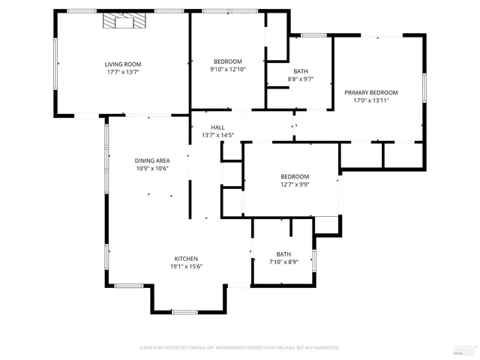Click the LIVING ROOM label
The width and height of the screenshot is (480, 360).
pyautogui.click(x=123, y=64)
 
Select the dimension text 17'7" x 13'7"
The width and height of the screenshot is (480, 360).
pyautogui.click(x=123, y=73)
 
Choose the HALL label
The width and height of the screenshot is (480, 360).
pyautogui.click(x=217, y=127)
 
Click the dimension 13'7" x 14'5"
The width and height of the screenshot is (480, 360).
pyautogui.click(x=217, y=136)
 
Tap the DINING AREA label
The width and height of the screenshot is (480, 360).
pyautogui.click(x=151, y=160)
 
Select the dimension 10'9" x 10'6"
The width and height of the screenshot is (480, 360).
pyautogui.click(x=151, y=169)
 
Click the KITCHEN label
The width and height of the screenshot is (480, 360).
pyautogui.click(x=186, y=259)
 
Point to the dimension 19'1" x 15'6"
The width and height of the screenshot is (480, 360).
pyautogui.click(x=186, y=267)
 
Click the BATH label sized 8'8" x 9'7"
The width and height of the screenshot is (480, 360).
pyautogui.click(x=300, y=71)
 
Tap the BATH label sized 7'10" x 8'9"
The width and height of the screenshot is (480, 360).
pyautogui.click(x=283, y=253)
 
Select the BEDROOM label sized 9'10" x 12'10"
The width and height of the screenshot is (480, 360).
pyautogui.click(x=228, y=61)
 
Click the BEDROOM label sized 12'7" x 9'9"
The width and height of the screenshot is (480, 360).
pyautogui.click(x=295, y=176)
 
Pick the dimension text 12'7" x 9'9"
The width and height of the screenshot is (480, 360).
pyautogui.click(x=295, y=184)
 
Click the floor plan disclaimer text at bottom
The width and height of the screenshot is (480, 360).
pyautogui.click(x=239, y=348)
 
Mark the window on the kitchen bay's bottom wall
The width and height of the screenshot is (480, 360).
pyautogui.click(x=184, y=311)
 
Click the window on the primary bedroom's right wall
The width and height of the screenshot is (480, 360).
pyautogui.click(x=424, y=86)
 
